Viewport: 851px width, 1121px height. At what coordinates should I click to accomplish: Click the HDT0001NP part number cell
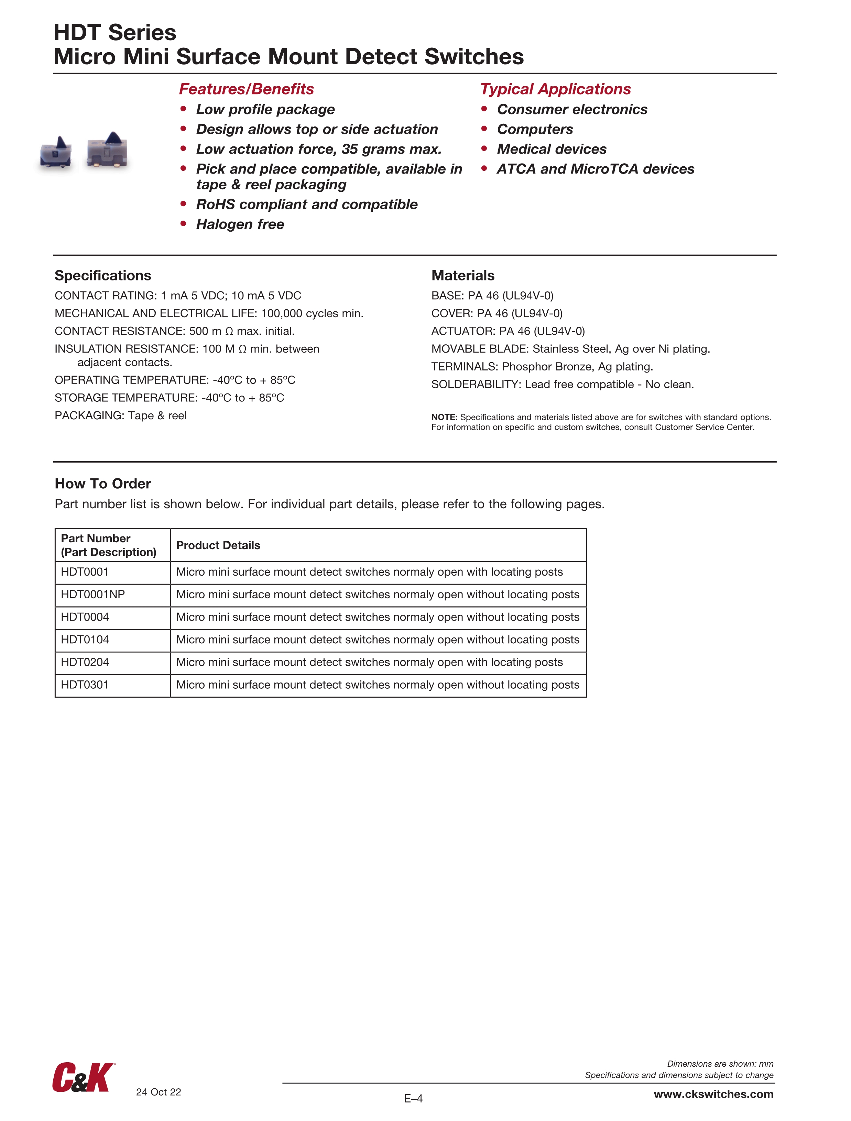[93, 595]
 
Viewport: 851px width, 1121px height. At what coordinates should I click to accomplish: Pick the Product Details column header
[218, 545]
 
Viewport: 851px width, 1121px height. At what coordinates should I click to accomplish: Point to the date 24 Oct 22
[158, 1091]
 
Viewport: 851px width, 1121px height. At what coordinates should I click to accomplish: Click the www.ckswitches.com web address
[713, 1094]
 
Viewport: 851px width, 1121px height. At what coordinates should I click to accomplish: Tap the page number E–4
[413, 1098]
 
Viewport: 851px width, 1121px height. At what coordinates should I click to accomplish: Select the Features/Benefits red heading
[247, 89]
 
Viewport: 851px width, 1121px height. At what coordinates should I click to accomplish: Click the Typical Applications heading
[555, 89]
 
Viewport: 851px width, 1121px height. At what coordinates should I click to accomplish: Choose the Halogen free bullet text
[240, 224]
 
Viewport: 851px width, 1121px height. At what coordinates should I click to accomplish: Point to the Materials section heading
[462, 275]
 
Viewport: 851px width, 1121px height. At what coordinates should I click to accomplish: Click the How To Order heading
[103, 484]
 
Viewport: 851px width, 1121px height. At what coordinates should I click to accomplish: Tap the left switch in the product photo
[56, 152]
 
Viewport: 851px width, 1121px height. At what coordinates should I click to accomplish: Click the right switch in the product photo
[107, 150]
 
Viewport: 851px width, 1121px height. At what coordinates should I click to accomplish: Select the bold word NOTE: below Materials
[444, 417]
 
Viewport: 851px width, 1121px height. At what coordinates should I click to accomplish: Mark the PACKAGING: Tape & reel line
[121, 415]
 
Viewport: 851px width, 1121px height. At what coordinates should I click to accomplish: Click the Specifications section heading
[103, 275]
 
